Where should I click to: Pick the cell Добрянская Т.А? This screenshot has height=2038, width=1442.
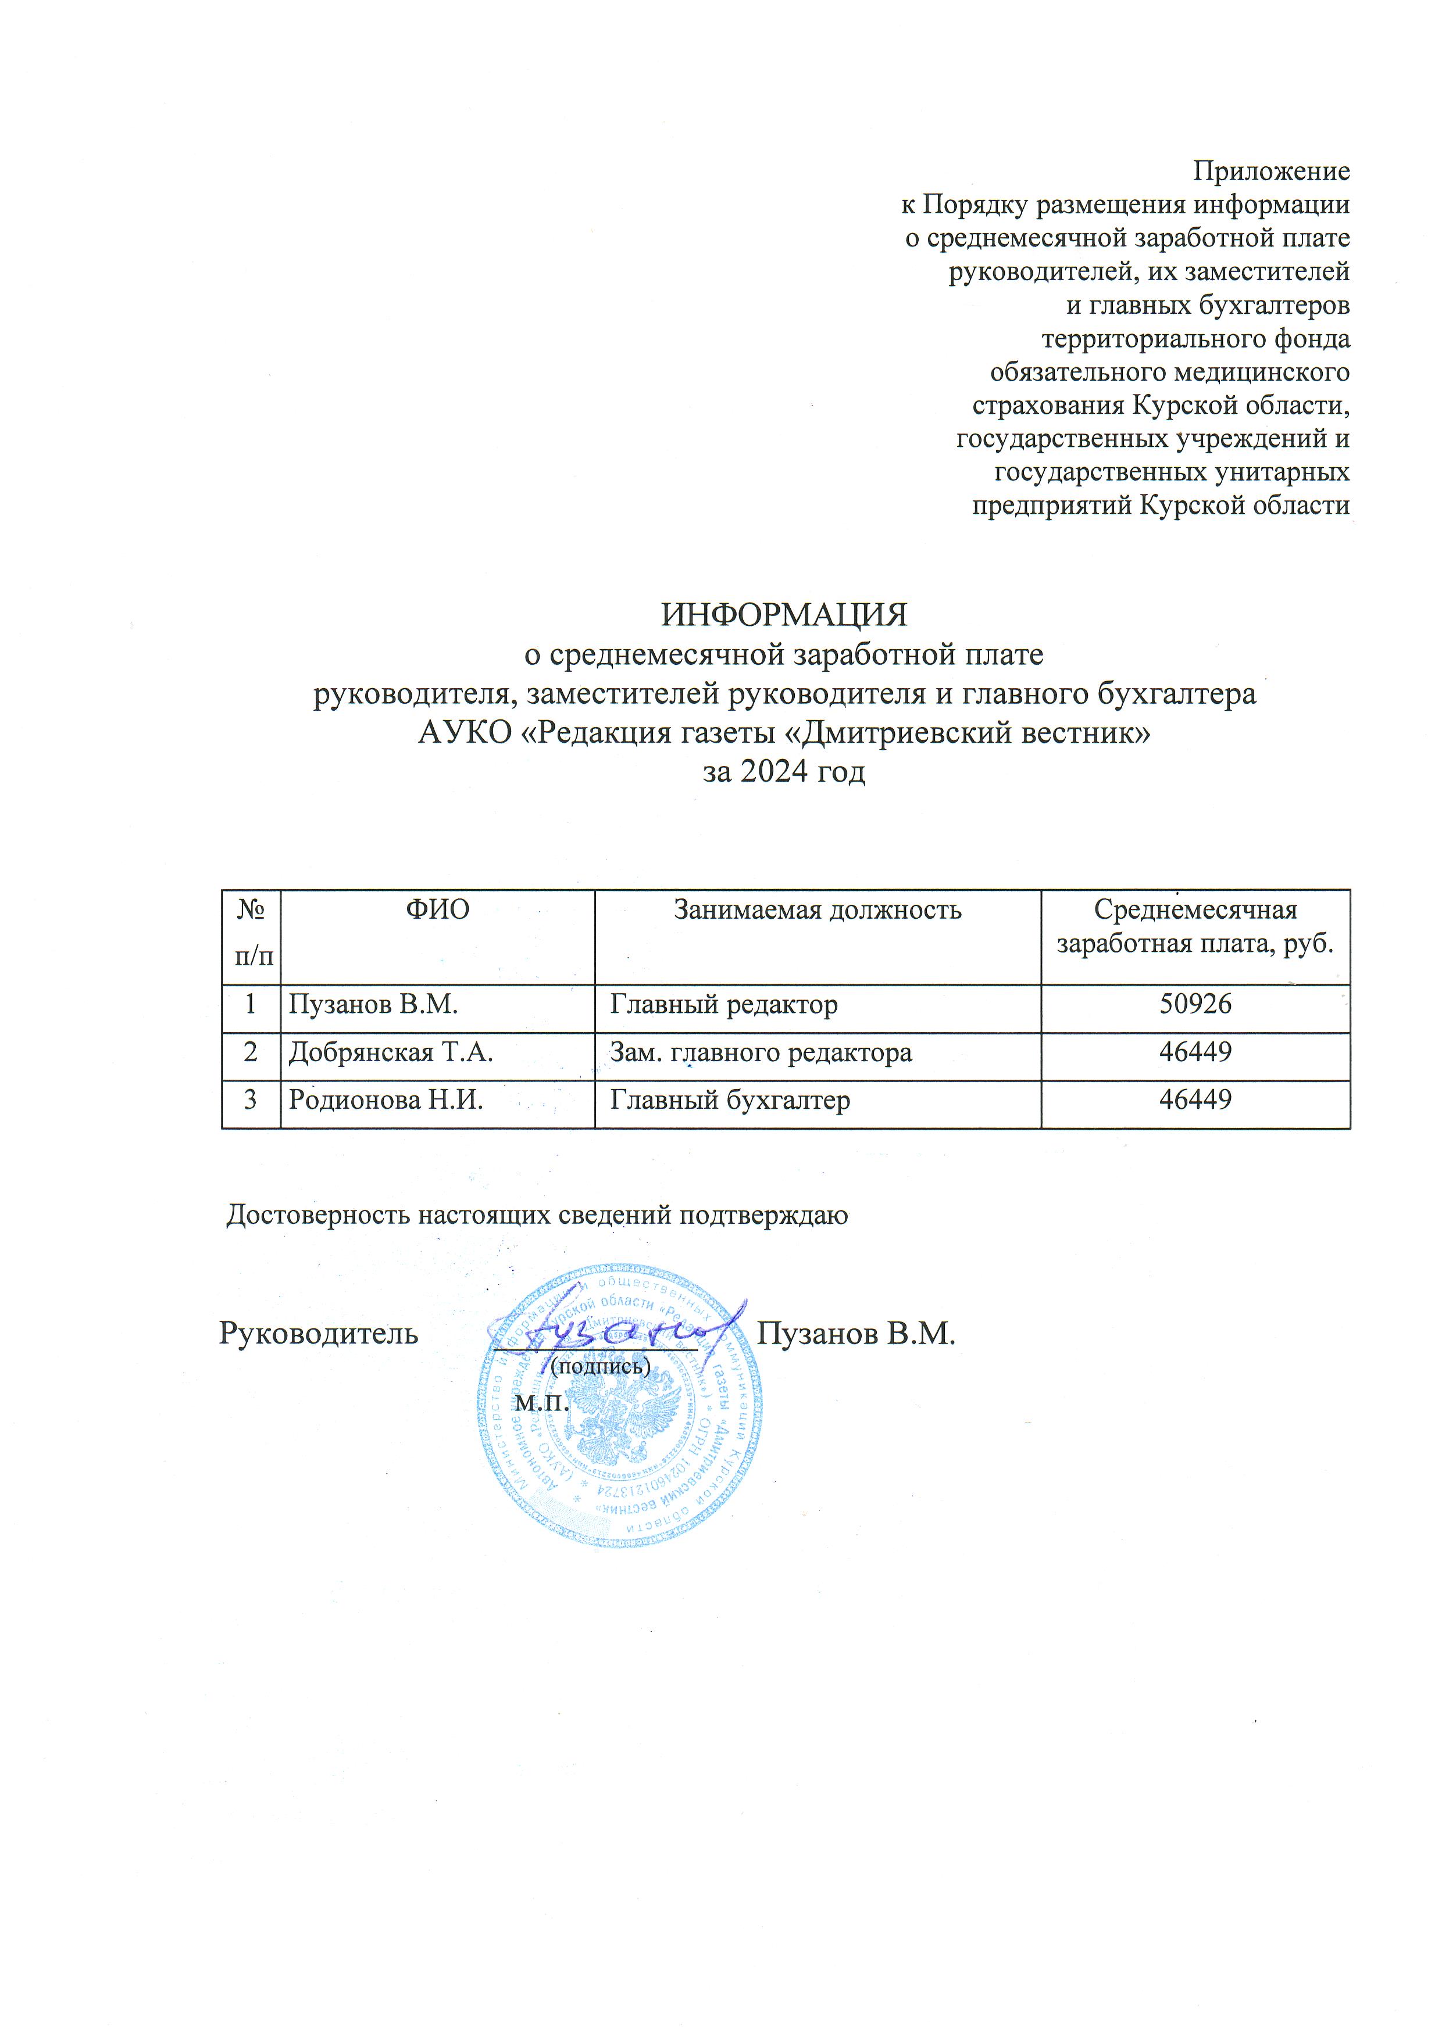tap(391, 1053)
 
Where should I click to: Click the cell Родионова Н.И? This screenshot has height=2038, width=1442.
tap(386, 1101)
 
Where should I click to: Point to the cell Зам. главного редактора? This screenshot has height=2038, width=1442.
tap(761, 1053)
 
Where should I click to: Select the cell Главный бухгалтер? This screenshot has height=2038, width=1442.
tap(730, 1101)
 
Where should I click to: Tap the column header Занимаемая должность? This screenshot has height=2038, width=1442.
tap(817, 910)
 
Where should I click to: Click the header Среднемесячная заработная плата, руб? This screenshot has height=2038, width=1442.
tap(1195, 926)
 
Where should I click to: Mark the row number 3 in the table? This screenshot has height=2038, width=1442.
tap(251, 1101)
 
